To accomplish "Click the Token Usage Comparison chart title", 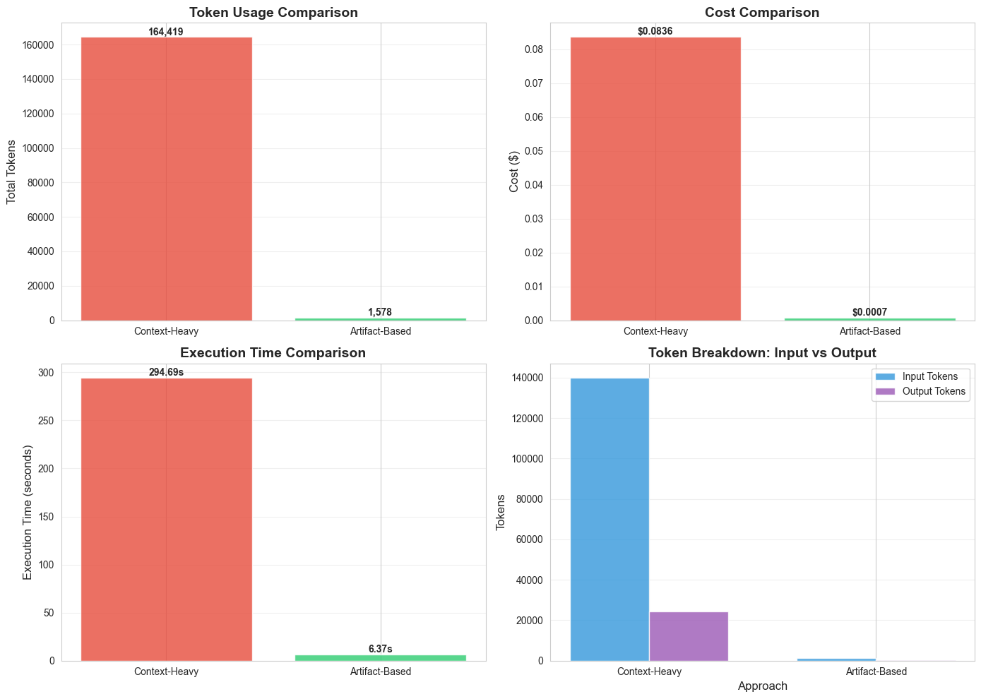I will pos(273,13).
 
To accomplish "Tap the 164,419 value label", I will pos(166,32).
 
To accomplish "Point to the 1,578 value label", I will pos(380,312).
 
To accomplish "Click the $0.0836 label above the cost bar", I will pos(655,32).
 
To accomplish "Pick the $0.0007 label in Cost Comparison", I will pos(869,312).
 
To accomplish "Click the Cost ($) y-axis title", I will pos(513,172).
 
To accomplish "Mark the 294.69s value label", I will pos(166,372).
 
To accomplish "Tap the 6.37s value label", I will pos(380,649).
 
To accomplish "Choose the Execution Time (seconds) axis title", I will pos(28,512).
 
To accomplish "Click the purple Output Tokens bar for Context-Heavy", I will pos(688,636).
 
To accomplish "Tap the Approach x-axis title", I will pos(762,686).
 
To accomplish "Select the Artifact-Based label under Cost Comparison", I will pos(869,331).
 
